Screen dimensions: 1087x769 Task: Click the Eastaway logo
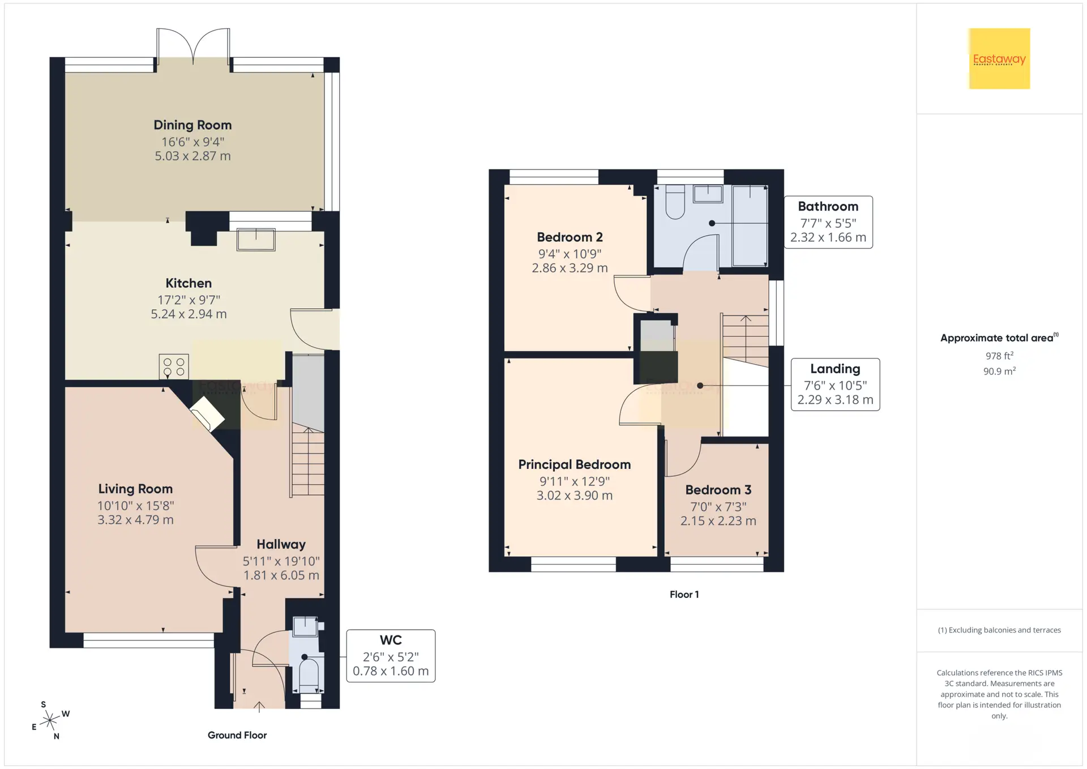[x=999, y=59]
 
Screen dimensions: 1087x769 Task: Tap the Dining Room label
[x=192, y=125]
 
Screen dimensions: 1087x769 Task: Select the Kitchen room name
[x=189, y=283]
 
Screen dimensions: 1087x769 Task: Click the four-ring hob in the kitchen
[x=174, y=366]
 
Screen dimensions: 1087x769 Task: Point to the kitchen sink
[x=256, y=239]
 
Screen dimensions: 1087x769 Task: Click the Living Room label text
[x=135, y=489]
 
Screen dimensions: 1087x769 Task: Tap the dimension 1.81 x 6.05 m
[x=281, y=575]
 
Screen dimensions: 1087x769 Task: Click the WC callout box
[x=391, y=656]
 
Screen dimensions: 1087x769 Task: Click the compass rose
[x=50, y=720]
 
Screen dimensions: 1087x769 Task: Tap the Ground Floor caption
[x=237, y=735]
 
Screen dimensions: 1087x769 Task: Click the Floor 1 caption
[x=684, y=594]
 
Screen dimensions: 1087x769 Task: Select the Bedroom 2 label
[x=570, y=237]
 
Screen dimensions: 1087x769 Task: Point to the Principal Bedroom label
[x=575, y=464]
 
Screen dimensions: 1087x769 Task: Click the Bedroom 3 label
[x=718, y=490]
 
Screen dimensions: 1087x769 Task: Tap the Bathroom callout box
[x=828, y=222]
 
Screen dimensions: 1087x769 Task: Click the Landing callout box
[x=835, y=384]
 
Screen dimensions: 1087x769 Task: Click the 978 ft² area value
[x=999, y=356]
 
